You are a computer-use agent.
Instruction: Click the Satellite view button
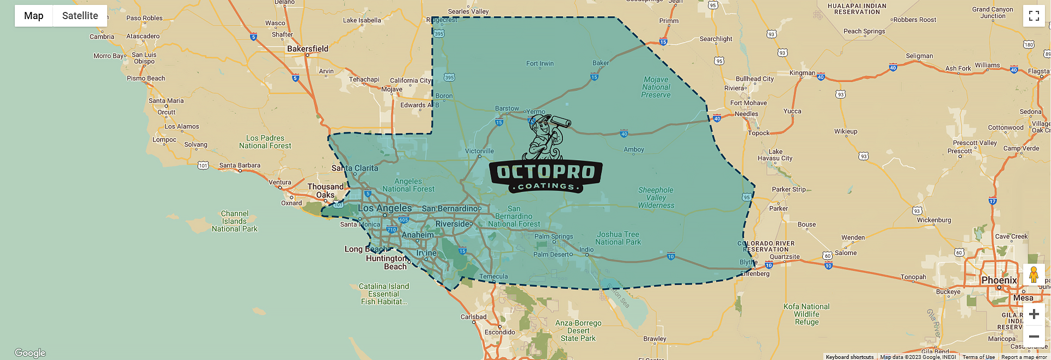80,16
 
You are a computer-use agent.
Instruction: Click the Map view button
34,16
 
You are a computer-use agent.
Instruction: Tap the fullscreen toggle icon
1034,16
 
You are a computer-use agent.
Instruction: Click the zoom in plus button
1034,314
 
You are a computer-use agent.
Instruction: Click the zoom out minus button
1034,337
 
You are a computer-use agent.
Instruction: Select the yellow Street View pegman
1034,274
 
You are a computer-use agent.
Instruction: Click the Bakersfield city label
308,49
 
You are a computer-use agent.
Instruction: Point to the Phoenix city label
999,280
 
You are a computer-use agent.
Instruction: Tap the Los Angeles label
384,208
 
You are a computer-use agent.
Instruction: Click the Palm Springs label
553,236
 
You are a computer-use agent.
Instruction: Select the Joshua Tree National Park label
618,239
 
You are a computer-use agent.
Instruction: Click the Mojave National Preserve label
656,87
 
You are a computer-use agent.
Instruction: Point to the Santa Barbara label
240,166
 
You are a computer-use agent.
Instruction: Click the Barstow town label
507,108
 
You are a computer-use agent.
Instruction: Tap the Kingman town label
802,73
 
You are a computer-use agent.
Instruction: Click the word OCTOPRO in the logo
546,172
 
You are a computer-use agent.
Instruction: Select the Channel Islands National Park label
235,221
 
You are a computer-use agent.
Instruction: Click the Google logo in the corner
30,353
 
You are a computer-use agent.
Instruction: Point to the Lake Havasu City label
775,155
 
